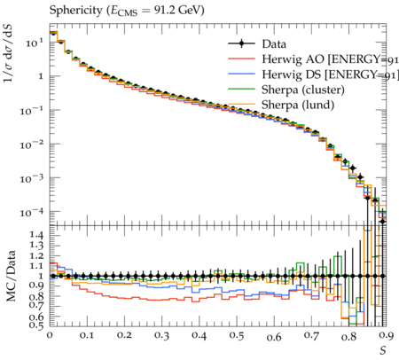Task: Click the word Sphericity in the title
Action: pyautogui.click(x=75, y=11)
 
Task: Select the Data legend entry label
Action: pyautogui.click(x=274, y=44)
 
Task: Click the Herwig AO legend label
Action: pyautogui.click(x=293, y=59)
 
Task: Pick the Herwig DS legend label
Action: pyautogui.click(x=292, y=74)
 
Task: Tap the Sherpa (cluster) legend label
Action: pyautogui.click(x=303, y=90)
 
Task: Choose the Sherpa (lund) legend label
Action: pyautogui.click(x=298, y=105)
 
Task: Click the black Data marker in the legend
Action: pyautogui.click(x=241, y=44)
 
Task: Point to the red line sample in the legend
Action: pyautogui.click(x=241, y=59)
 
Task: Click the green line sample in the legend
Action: pyautogui.click(x=241, y=89)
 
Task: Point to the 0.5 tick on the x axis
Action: pyautogui.click(x=237, y=336)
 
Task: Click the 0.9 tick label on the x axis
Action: pyautogui.click(x=387, y=336)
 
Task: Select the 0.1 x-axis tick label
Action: pyautogui.click(x=87, y=336)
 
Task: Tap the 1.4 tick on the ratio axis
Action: pyautogui.click(x=37, y=235)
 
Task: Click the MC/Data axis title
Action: pyautogui.click(x=12, y=276)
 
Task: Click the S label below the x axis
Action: pyautogui.click(x=383, y=351)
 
